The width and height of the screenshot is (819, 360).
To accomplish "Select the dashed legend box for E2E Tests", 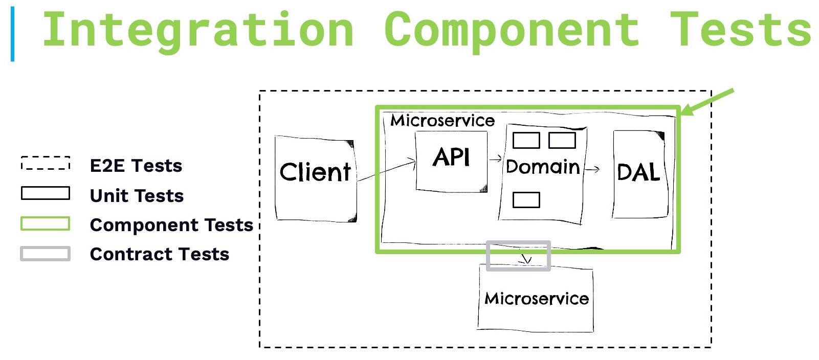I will [x=45, y=163].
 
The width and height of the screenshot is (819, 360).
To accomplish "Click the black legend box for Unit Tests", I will [x=45, y=193].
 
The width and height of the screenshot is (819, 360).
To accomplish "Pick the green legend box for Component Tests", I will [x=45, y=223].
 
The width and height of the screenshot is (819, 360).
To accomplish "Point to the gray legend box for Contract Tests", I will [x=45, y=254].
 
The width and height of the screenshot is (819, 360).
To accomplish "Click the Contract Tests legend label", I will [x=159, y=254].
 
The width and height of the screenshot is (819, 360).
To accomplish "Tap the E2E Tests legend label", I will [x=136, y=166].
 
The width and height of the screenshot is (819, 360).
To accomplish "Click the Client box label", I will [x=315, y=172].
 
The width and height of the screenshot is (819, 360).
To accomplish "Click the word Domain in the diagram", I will [x=542, y=167].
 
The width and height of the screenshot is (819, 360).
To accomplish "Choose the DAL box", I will [x=638, y=173].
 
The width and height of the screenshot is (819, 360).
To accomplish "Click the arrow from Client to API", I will [x=386, y=171].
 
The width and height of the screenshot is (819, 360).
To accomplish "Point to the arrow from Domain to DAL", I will [x=592, y=169].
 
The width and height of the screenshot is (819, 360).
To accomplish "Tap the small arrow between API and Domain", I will [x=495, y=159].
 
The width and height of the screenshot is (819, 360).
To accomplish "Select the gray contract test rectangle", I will [x=518, y=256].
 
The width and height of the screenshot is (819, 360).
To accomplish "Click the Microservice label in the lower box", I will [x=536, y=299].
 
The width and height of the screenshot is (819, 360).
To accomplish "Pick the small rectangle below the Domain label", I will [x=526, y=200].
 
